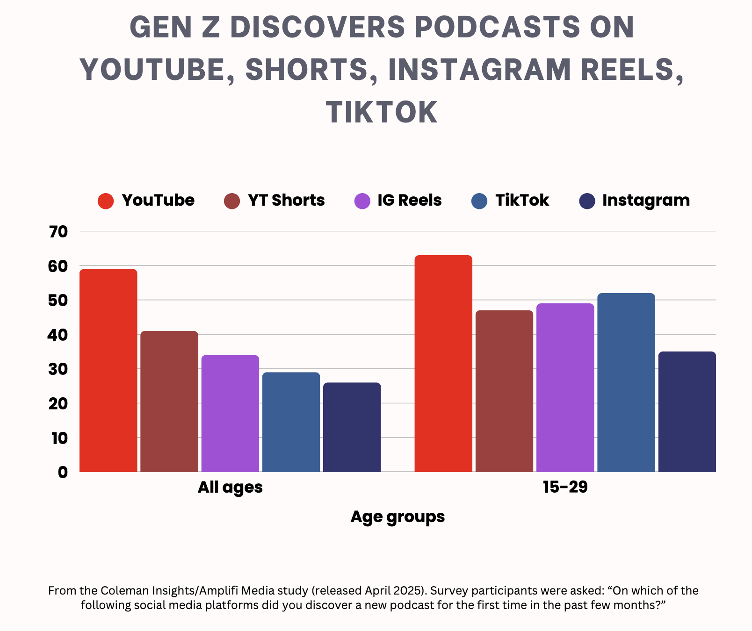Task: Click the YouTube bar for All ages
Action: coord(108,370)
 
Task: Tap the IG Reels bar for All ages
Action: coord(230,413)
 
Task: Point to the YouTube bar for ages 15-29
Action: coord(443,363)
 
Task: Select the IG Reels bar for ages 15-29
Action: coord(565,387)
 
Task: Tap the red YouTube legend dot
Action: coord(106,201)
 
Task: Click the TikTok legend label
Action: coord(522,200)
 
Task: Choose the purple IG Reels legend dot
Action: coord(362,201)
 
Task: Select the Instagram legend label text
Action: coord(646,200)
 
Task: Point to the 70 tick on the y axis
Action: coord(58,231)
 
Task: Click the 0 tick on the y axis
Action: coord(63,472)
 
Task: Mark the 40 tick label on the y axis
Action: coord(58,335)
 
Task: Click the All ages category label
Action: coord(230,487)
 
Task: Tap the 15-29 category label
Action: coord(565,487)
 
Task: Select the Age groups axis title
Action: coord(398,516)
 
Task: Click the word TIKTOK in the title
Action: coord(382,112)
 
